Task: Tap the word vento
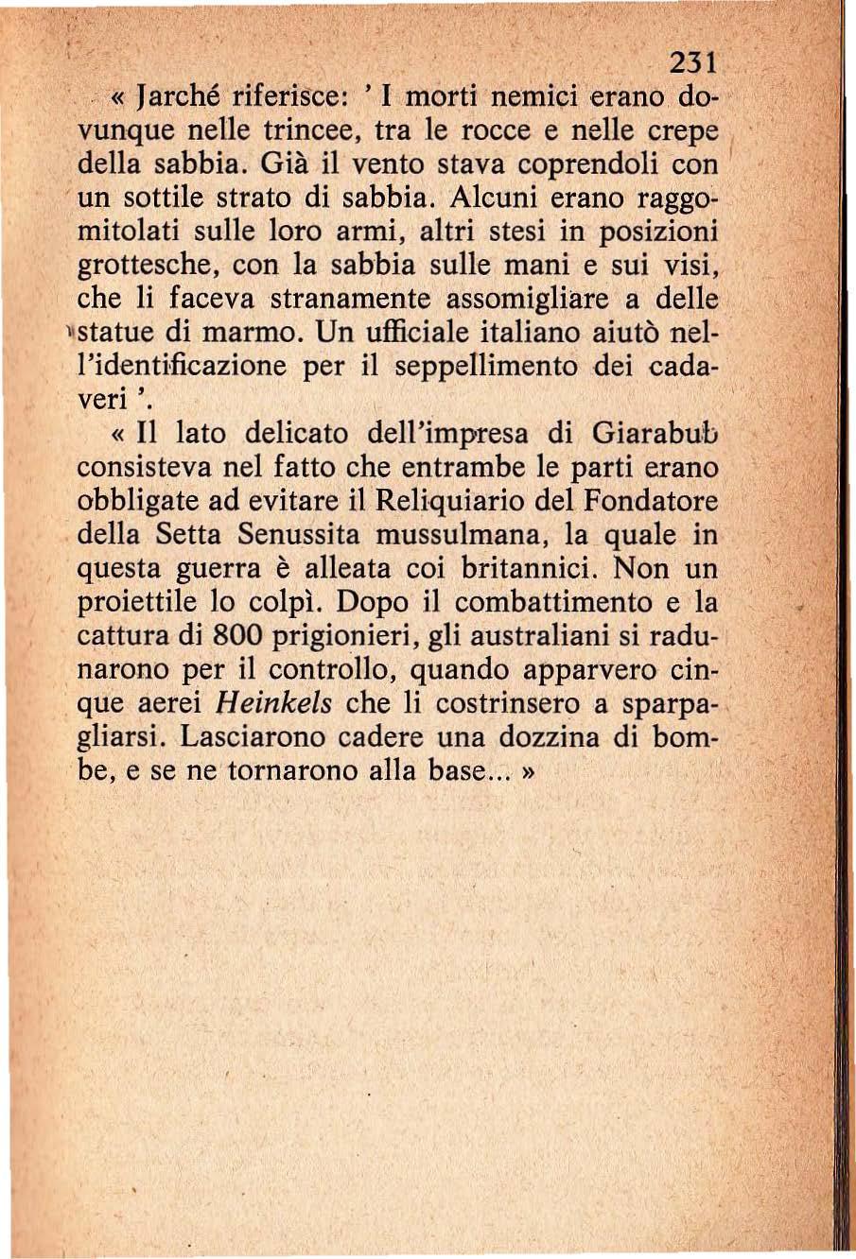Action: coord(390,165)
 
